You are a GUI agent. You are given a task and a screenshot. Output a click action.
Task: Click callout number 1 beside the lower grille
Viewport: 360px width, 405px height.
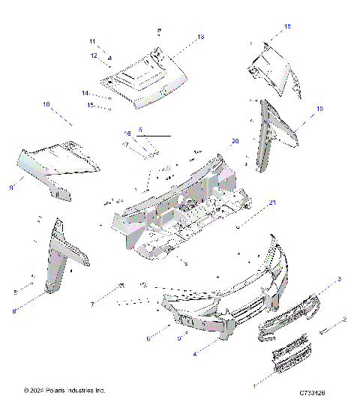point(253,385)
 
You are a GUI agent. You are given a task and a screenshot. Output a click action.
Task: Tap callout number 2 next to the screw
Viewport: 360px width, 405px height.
point(344,319)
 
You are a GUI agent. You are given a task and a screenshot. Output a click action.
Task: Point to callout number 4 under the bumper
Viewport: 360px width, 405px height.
point(196,352)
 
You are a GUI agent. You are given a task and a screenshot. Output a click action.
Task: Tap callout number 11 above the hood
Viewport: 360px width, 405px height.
point(93,40)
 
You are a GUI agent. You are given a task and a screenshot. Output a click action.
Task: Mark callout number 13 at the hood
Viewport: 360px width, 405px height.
point(200,37)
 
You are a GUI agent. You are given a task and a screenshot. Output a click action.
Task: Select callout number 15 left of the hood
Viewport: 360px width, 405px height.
point(90,106)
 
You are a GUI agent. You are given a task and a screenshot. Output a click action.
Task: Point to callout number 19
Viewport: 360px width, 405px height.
point(319,109)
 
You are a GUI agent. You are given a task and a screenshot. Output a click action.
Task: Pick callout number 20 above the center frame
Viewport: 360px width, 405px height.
point(235,141)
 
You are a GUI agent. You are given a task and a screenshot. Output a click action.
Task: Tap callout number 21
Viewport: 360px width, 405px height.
point(272,203)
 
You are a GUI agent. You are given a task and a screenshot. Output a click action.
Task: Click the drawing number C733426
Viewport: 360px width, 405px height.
point(316,391)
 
